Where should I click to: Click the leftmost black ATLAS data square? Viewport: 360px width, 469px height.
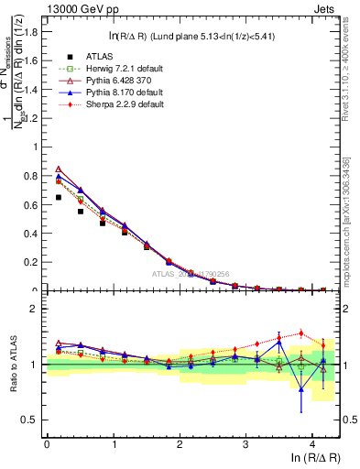click(58, 197)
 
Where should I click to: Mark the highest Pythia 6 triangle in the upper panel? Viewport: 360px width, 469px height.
click(58, 169)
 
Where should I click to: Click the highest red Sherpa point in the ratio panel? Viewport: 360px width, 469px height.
click(300, 333)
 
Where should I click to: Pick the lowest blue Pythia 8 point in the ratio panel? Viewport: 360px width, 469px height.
click(300, 388)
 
